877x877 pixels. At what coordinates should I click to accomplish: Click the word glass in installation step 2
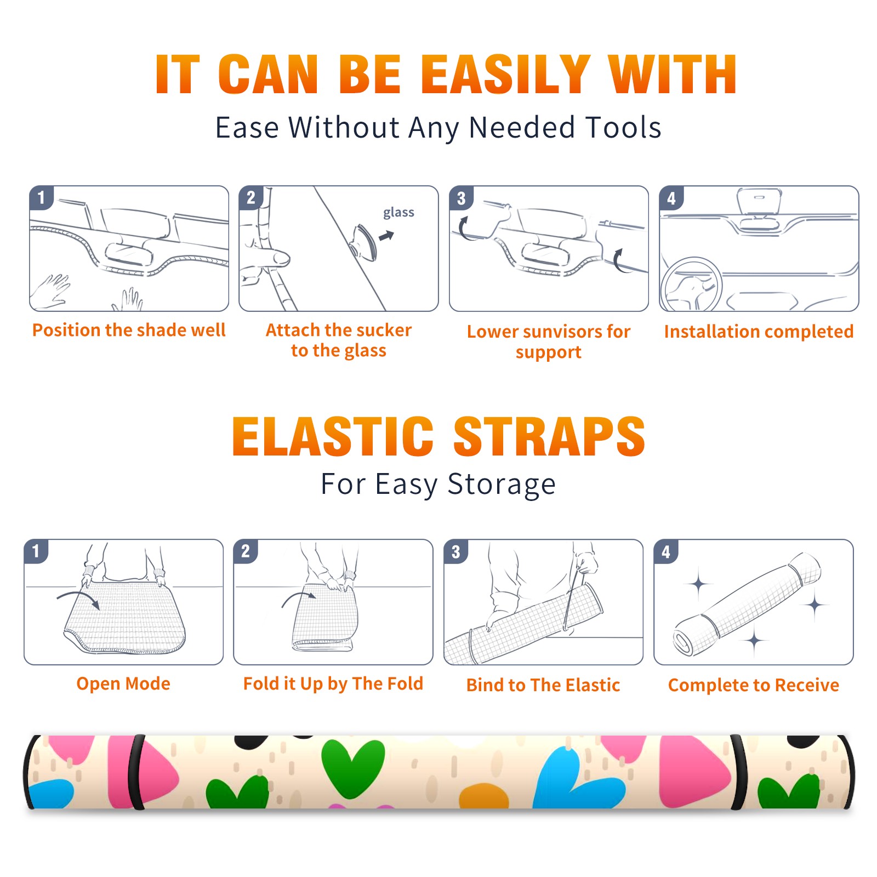[398, 213]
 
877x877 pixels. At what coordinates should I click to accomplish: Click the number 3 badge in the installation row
[461, 198]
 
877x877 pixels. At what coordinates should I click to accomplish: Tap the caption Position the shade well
[129, 330]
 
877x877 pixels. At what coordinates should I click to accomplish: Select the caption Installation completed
[759, 332]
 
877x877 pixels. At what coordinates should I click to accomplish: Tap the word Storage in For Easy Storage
[502, 485]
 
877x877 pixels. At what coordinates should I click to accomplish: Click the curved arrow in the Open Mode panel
[78, 599]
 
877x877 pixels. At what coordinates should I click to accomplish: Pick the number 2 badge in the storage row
[245, 551]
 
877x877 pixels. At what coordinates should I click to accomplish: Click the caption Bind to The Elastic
[543, 685]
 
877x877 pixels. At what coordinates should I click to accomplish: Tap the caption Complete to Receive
[754, 685]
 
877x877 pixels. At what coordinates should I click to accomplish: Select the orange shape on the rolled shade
[483, 796]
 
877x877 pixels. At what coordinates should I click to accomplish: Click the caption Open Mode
[123, 684]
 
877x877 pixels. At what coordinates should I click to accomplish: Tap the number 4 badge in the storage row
[665, 551]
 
